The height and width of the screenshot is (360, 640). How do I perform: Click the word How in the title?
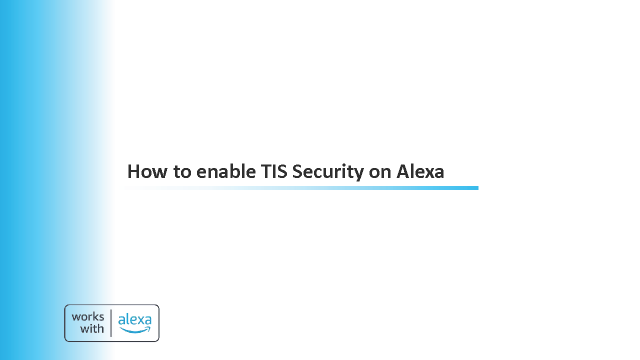click(147, 171)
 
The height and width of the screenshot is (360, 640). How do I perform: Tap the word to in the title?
click(182, 172)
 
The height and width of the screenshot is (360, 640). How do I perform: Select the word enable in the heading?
click(226, 171)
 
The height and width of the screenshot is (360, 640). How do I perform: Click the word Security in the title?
click(328, 172)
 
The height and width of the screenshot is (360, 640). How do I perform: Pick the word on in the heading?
click(380, 173)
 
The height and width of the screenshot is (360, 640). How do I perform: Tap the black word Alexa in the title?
click(420, 171)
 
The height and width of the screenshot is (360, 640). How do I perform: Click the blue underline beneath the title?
click(301, 188)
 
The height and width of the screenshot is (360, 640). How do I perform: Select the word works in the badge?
click(87, 317)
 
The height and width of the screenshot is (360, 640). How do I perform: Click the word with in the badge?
click(91, 329)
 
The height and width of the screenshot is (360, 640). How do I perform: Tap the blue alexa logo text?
click(135, 319)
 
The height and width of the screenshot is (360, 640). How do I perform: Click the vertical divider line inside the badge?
click(111, 323)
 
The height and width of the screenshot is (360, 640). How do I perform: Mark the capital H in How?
click(133, 171)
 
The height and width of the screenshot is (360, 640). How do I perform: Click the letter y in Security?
click(357, 175)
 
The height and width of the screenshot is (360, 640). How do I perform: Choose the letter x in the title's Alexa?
click(427, 173)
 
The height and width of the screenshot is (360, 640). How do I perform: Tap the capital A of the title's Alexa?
click(403, 171)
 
